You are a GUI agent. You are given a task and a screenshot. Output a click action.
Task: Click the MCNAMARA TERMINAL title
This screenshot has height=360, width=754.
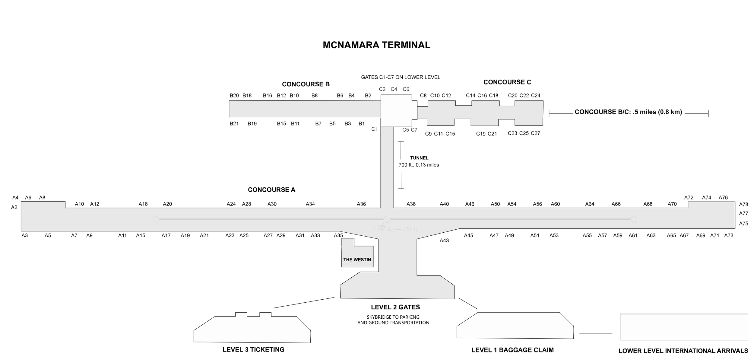click(x=376, y=45)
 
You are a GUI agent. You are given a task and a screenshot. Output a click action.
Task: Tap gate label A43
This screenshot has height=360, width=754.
click(x=444, y=241)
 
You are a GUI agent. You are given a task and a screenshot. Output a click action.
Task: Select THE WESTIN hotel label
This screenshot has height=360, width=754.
click(x=357, y=260)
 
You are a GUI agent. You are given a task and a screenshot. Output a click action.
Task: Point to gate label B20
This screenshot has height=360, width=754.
click(x=234, y=96)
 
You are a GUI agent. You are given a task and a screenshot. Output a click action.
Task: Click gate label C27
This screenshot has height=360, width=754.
click(x=535, y=133)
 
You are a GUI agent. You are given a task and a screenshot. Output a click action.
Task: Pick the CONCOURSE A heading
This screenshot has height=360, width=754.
click(x=271, y=190)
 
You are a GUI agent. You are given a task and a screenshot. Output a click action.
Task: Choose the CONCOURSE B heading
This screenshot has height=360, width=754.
click(x=306, y=84)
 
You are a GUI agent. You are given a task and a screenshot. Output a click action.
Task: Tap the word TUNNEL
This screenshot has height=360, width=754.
click(x=419, y=158)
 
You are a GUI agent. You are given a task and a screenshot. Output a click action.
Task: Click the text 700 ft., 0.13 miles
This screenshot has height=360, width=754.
click(x=419, y=165)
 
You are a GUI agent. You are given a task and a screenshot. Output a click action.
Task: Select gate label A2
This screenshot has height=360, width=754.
click(x=14, y=207)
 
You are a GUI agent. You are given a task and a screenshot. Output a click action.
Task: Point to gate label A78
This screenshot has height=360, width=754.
click(x=743, y=205)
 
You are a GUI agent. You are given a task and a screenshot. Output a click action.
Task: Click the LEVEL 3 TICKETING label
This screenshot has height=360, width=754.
click(x=253, y=349)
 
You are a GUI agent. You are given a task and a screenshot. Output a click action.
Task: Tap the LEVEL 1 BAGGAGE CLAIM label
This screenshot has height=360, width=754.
click(x=512, y=350)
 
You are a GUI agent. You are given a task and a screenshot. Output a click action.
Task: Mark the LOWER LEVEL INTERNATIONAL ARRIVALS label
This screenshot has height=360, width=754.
click(x=683, y=351)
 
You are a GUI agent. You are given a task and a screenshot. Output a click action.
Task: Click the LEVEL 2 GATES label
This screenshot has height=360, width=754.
click(x=395, y=307)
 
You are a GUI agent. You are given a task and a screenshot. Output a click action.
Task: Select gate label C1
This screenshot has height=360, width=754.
click(x=374, y=129)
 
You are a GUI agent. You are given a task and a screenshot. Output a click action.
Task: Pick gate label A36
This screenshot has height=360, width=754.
click(x=361, y=204)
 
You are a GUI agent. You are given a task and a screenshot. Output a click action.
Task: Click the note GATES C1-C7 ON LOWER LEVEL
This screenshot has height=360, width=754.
click(x=401, y=77)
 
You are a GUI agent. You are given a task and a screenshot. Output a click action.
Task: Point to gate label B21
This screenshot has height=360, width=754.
click(x=234, y=123)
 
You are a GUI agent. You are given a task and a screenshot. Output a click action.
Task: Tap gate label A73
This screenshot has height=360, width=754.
click(x=728, y=235)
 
